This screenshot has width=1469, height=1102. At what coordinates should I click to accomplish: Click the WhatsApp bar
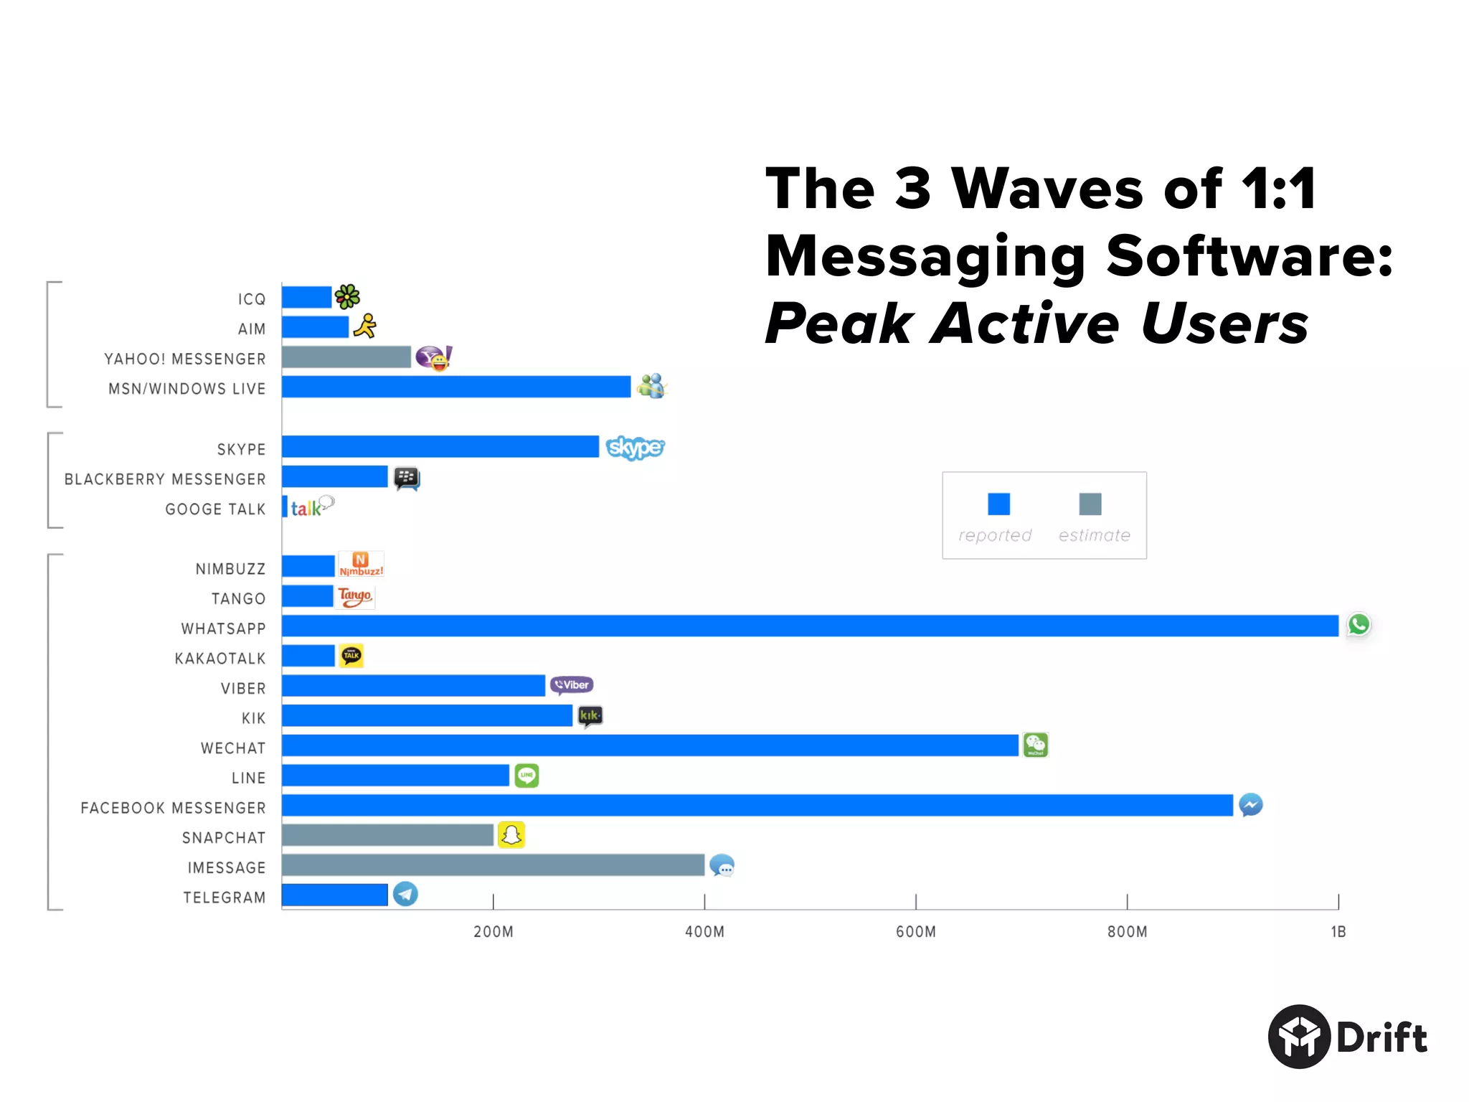[x=809, y=626]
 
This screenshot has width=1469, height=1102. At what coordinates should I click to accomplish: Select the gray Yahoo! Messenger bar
[x=346, y=357]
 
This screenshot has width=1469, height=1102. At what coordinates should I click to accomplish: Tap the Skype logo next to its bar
[x=635, y=447]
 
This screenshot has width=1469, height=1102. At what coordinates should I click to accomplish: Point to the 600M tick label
[x=915, y=931]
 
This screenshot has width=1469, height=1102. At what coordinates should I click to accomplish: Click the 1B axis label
[x=1338, y=931]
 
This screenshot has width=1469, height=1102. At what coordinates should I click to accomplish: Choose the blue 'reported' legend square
[x=998, y=504]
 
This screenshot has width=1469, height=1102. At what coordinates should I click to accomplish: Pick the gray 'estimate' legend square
[x=1090, y=504]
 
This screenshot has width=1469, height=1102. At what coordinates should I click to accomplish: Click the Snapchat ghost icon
[x=511, y=834]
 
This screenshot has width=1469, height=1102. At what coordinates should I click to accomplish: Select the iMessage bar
[x=493, y=865]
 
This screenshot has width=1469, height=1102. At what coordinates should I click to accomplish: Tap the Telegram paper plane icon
[x=405, y=894]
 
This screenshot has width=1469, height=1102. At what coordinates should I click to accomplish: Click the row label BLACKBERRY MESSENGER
[x=165, y=479]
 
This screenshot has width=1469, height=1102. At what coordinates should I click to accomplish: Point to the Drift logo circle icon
[x=1299, y=1037]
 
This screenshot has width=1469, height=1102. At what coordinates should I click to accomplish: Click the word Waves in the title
[x=1047, y=189]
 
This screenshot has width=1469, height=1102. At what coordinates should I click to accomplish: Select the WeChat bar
[x=649, y=745]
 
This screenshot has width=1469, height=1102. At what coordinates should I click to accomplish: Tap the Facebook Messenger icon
[x=1250, y=805]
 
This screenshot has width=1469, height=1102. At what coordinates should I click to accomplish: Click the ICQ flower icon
[x=347, y=296]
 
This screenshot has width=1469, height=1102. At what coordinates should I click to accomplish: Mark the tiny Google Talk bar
[x=285, y=507]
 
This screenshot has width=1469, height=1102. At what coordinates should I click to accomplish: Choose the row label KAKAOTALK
[x=220, y=659]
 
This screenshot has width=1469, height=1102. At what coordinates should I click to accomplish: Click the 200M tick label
[x=493, y=931]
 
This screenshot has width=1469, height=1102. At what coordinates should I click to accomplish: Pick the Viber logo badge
[x=572, y=685]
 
